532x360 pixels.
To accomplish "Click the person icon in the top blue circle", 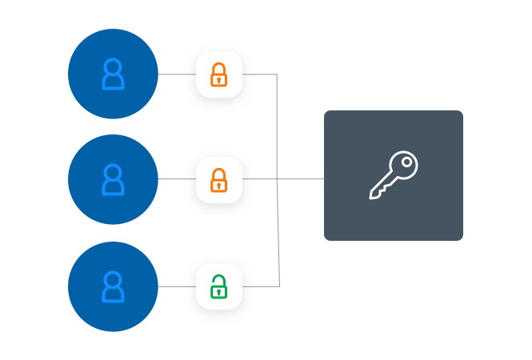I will tap(113, 74).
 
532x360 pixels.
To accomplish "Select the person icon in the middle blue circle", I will tap(113, 180).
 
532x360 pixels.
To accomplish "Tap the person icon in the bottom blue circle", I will tap(113, 286).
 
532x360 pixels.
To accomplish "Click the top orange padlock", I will tap(218, 74).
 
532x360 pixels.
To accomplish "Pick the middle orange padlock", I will tap(218, 180).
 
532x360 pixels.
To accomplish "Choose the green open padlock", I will tap(218, 286).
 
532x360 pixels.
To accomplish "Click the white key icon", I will tap(393, 175).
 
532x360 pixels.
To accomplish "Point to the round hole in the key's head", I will tap(407, 162).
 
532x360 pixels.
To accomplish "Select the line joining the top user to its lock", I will tap(177, 74).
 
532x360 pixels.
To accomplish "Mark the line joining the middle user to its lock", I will tap(177, 180).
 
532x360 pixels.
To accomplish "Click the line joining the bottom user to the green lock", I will tap(177, 286).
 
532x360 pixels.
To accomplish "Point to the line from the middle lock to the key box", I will tap(300, 180).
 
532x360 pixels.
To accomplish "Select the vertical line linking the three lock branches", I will tap(278, 128).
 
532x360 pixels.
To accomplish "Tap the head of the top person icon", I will tap(113, 66).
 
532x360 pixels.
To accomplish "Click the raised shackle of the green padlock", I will tap(216, 278).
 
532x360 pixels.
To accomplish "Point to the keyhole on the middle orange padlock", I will tap(218, 185).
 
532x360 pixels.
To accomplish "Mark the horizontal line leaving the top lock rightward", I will tap(259, 74).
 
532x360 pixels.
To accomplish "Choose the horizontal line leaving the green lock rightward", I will tap(260, 286).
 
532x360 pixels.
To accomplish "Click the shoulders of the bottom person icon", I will tap(113, 296).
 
